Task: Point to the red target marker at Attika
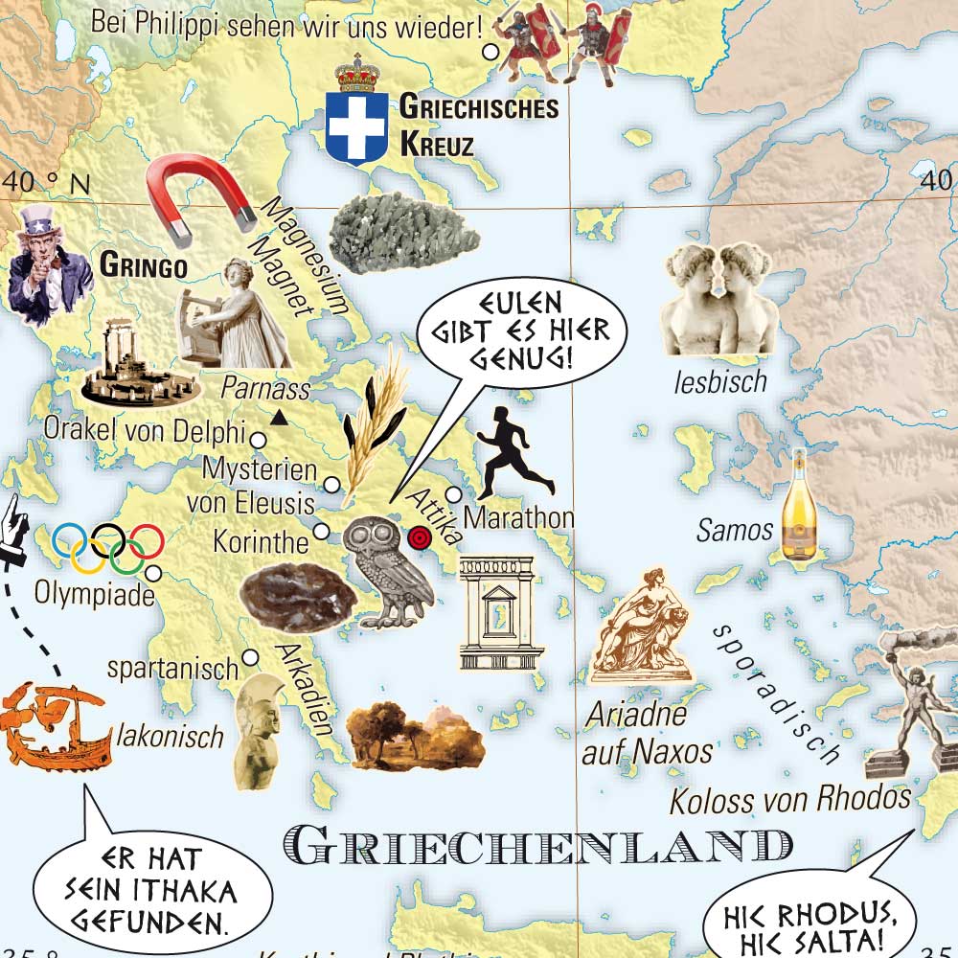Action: point(419,537)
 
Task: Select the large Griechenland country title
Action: point(538,846)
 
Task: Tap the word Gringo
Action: point(143,265)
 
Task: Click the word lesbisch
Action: point(719,381)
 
